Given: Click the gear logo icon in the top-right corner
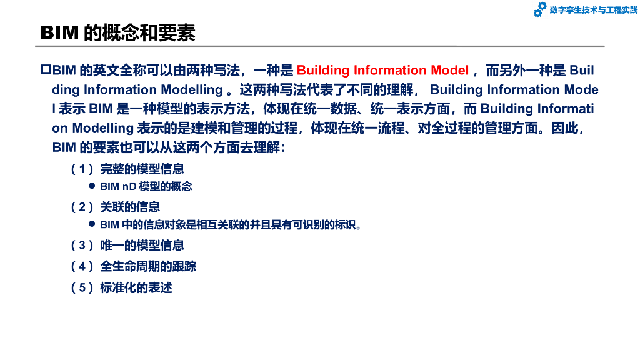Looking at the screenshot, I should (x=539, y=9).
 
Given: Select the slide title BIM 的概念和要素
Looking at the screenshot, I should (x=118, y=33).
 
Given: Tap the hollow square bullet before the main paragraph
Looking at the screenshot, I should (x=46, y=69).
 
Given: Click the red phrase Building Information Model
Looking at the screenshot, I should (x=382, y=70).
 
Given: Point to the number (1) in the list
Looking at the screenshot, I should (x=82, y=169).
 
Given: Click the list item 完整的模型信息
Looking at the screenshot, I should (x=142, y=169).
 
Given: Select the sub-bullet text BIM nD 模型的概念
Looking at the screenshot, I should (x=146, y=186).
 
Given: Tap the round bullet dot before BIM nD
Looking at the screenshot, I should (x=92, y=186).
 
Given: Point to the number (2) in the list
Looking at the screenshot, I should (x=82, y=207).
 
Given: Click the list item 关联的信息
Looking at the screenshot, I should (x=130, y=207).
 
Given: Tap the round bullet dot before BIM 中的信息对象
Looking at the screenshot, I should (x=92, y=224).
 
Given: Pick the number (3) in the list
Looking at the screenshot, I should (x=82, y=246).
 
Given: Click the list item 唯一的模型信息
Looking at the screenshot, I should (x=142, y=246).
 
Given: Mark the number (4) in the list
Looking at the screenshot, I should (x=82, y=266).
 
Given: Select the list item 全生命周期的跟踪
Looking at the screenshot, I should (x=148, y=266).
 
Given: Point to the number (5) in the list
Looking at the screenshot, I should (x=82, y=287).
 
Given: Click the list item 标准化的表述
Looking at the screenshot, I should (x=136, y=287).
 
